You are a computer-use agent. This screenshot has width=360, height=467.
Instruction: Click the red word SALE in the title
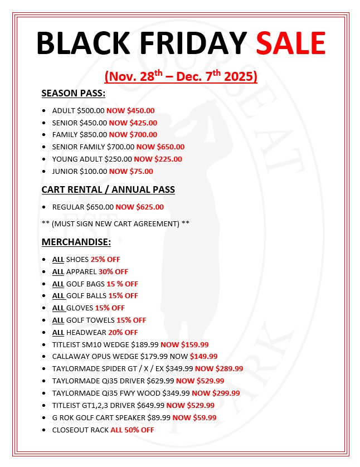[x=290, y=43]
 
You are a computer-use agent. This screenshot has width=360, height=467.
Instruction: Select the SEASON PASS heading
[x=74, y=93]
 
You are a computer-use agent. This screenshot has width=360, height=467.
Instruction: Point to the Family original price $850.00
[x=93, y=134]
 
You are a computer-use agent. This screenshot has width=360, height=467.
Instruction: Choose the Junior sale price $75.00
[x=140, y=171]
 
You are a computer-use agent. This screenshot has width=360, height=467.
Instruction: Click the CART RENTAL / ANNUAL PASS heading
[x=108, y=189]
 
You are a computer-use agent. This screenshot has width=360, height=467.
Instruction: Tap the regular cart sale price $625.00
[x=149, y=207]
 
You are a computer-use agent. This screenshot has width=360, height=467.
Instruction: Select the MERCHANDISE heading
[x=76, y=242]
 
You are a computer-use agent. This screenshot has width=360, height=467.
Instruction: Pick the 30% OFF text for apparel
[x=113, y=271]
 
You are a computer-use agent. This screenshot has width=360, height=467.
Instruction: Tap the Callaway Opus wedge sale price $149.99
[x=203, y=356]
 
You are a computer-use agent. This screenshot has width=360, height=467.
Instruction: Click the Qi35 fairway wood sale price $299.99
[x=223, y=393]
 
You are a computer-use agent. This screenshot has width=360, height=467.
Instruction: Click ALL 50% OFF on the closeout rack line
[x=132, y=430]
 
